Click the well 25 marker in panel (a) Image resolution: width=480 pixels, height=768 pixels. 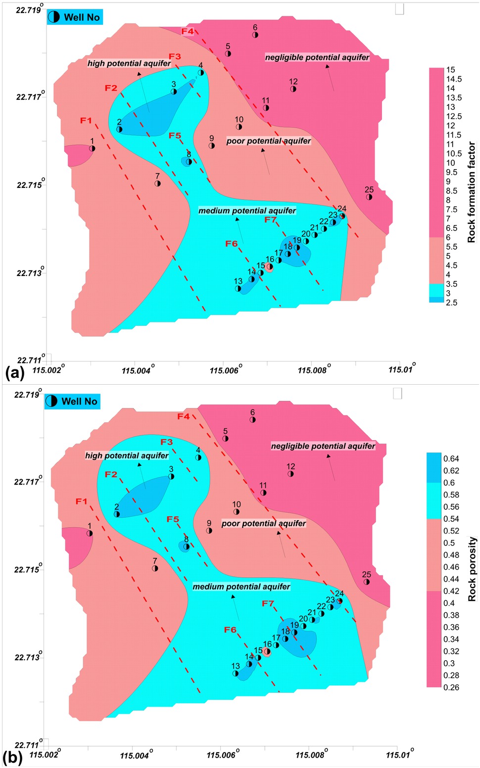369,197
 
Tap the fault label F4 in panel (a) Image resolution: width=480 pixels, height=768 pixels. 187,32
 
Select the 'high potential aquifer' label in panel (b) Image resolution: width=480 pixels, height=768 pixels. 127,455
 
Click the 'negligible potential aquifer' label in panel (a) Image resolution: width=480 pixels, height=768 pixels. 317,57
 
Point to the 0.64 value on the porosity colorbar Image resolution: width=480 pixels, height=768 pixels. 451,458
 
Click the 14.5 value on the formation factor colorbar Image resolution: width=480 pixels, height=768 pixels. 454,79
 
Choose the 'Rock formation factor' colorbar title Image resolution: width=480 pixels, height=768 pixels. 471,192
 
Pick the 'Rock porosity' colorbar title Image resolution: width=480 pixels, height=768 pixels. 472,569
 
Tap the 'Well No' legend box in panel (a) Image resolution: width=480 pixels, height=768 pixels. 75,17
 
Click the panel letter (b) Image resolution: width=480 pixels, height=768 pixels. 12,758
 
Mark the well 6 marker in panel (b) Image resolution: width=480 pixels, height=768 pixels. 252,420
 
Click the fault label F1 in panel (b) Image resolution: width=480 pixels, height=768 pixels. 81,501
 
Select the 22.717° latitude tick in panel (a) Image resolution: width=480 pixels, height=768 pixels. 30,96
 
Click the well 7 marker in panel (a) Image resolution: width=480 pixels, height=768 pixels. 157,183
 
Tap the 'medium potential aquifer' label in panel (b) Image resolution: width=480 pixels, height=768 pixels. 241,587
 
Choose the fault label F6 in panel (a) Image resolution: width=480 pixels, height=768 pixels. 231,244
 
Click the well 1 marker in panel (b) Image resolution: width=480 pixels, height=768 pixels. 90,533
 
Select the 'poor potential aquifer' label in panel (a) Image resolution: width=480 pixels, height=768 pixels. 268,141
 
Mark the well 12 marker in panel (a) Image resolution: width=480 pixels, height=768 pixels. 293,89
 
